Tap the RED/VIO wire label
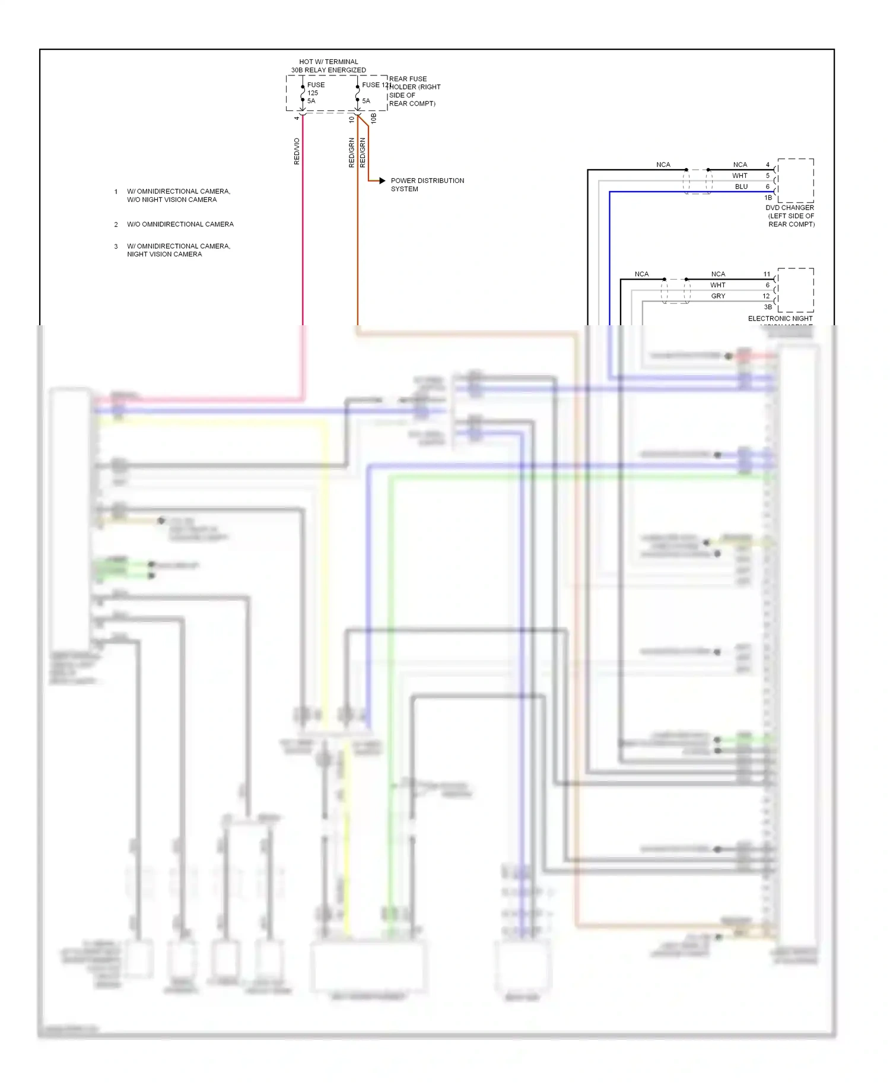[x=297, y=151]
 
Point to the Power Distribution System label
[x=427, y=185]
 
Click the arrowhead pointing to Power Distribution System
[x=382, y=180]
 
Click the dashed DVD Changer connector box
[x=796, y=180]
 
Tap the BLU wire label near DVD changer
[x=741, y=186]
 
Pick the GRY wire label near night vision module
[x=718, y=296]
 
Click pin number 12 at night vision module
[x=766, y=296]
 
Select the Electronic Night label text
[x=780, y=319]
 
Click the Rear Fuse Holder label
[x=414, y=91]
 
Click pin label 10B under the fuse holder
[x=373, y=119]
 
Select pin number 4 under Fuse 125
[x=297, y=118]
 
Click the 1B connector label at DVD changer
[x=768, y=198]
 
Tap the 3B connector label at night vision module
[x=768, y=307]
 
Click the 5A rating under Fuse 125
[x=311, y=101]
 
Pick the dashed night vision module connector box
[x=796, y=290]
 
